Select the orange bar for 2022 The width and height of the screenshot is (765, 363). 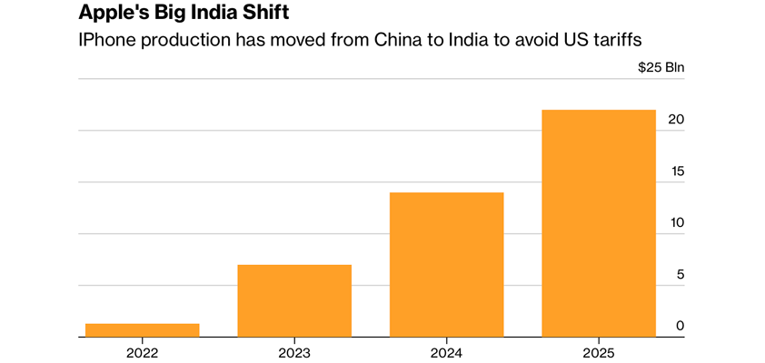coord(142,330)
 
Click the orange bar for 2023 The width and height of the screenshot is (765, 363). coord(293,300)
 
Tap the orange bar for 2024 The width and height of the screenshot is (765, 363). coord(446,264)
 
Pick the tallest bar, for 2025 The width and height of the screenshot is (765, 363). coord(598,223)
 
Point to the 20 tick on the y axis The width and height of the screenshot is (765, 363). coord(676,120)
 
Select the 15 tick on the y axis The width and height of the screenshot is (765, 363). coord(677,172)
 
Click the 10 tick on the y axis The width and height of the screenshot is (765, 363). coord(677,223)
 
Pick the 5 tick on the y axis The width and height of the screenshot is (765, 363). coord(680,275)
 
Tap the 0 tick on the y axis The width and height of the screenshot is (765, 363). coord(680,326)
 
